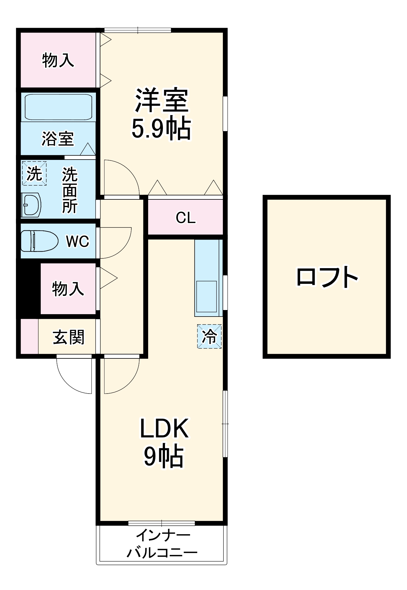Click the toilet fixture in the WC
click(x=39, y=241)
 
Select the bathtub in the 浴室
click(x=58, y=107)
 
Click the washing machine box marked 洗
click(x=34, y=173)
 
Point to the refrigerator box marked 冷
click(x=209, y=336)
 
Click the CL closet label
click(x=186, y=218)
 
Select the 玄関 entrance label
click(x=68, y=337)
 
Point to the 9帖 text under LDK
click(x=164, y=456)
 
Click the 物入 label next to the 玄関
click(x=68, y=289)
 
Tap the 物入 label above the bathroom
click(x=58, y=60)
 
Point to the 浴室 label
click(x=58, y=139)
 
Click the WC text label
click(x=78, y=241)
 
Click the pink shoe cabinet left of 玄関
click(x=29, y=336)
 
